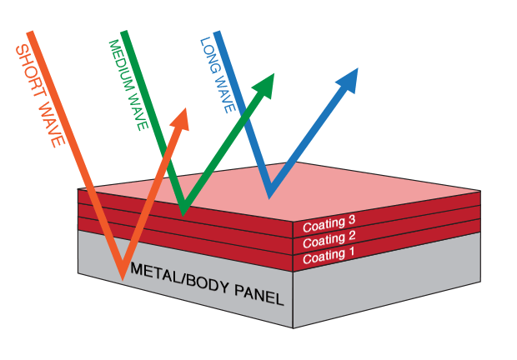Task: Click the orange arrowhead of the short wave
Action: click(x=181, y=120)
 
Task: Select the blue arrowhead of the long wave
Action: click(x=349, y=80)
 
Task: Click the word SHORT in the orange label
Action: click(x=30, y=71)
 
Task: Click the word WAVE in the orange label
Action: click(x=51, y=122)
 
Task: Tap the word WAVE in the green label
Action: click(x=138, y=111)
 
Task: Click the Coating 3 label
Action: click(x=329, y=223)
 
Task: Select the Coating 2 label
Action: click(x=329, y=239)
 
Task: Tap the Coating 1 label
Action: click(x=329, y=256)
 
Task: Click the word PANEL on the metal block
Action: click(x=259, y=294)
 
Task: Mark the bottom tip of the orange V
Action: click(x=123, y=280)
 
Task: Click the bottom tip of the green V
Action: click(x=183, y=216)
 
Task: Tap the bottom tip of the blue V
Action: click(x=269, y=198)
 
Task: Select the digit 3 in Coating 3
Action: click(x=352, y=220)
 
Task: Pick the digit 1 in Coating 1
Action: click(x=352, y=252)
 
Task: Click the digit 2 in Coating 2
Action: click(x=352, y=236)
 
